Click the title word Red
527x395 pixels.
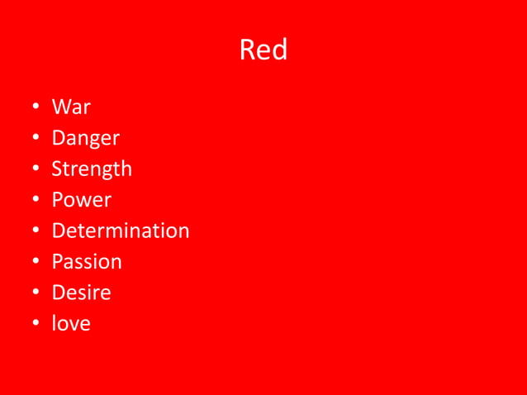coord(263,51)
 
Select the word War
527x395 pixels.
coord(71,107)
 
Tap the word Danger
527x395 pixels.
coord(85,139)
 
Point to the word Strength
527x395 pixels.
coord(92,169)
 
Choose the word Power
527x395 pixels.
coord(81,200)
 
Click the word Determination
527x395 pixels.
coord(121,231)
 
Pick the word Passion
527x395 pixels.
coord(87,262)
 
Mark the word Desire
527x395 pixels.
coord(81,293)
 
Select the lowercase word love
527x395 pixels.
coord(71,324)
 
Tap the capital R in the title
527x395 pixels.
coord(248,51)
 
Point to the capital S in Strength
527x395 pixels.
coord(57,169)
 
